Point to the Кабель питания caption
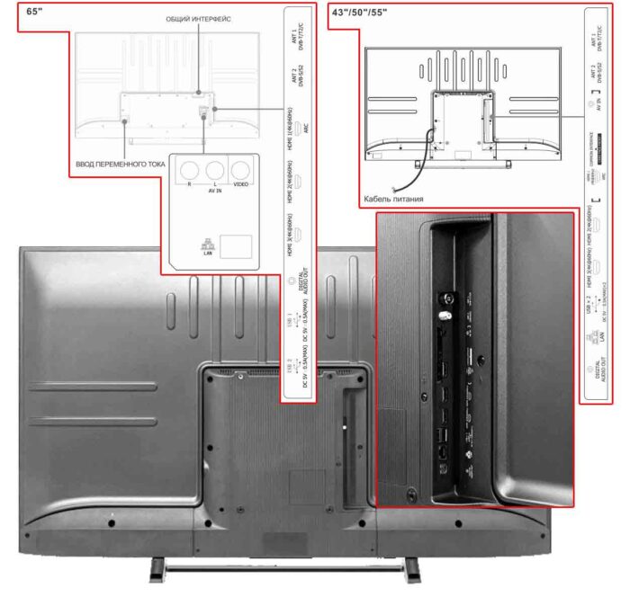point(394,199)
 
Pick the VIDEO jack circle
point(239,169)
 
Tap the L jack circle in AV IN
point(214,169)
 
